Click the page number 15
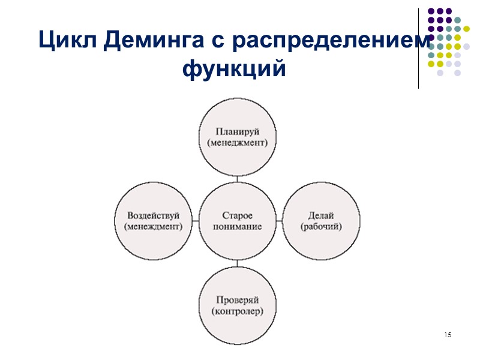[x=448, y=334]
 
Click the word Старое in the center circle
[x=238, y=215]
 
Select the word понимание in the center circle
[x=238, y=227]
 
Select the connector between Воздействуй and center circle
[x=196, y=221]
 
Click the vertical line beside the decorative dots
[x=418, y=48]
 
